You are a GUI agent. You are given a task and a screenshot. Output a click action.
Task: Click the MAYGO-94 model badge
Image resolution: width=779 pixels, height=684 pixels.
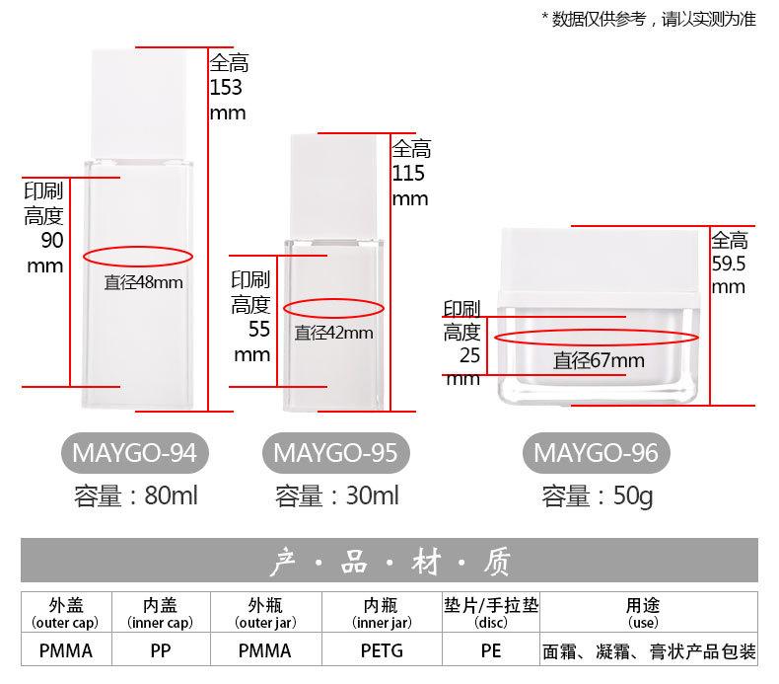pyautogui.click(x=136, y=453)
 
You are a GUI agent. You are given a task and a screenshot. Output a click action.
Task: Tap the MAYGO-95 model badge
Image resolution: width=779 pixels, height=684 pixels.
pyautogui.click(x=335, y=453)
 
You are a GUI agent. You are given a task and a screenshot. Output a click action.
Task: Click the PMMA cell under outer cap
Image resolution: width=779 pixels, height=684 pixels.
pyautogui.click(x=66, y=651)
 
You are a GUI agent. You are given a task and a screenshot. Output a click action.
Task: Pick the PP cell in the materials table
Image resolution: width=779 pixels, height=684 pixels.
pyautogui.click(x=159, y=651)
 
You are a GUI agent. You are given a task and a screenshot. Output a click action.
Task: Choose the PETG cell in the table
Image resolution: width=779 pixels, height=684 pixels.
pyautogui.click(x=380, y=651)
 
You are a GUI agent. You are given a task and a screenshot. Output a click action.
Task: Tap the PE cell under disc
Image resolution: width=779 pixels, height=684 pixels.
pyautogui.click(x=490, y=651)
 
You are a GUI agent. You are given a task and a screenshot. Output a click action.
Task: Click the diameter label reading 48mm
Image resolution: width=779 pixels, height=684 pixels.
pyautogui.click(x=144, y=283)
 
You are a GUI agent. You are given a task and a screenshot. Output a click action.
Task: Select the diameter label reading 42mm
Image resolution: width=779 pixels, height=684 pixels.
pyautogui.click(x=334, y=334)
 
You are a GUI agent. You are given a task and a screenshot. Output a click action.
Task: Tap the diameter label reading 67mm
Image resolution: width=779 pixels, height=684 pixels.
pyautogui.click(x=598, y=361)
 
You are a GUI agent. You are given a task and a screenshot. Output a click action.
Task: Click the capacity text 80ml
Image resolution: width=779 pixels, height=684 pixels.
pyautogui.click(x=136, y=495)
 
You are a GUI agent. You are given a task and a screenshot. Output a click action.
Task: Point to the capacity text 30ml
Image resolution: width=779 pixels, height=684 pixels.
pyautogui.click(x=336, y=495)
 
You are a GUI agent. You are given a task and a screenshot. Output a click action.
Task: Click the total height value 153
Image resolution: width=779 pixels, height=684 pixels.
pyautogui.click(x=226, y=88)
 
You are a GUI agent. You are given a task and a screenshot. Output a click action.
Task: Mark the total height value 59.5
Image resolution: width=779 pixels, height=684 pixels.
pyautogui.click(x=729, y=265)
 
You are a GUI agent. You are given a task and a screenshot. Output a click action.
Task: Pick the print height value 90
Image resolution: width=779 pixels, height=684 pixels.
pyautogui.click(x=51, y=242)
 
